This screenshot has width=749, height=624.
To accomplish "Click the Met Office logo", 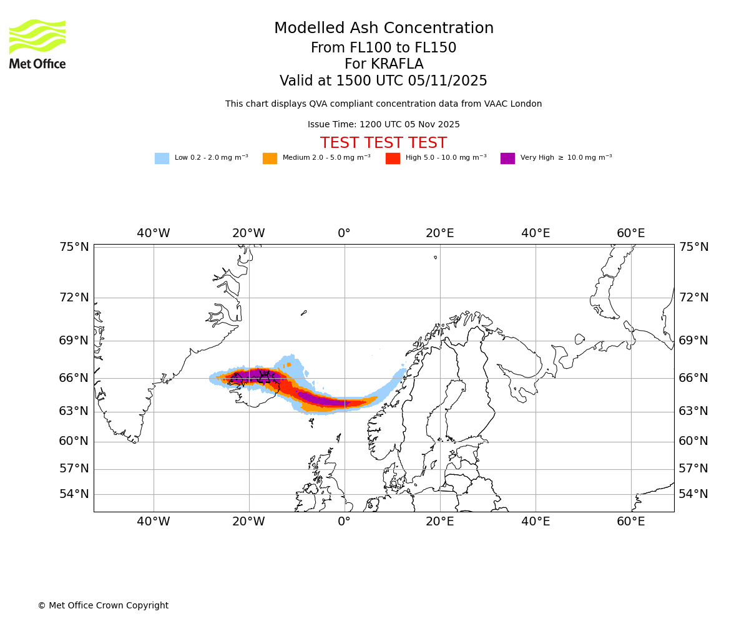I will click(37, 44).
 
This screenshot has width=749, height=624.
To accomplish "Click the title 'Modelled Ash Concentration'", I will click(384, 29).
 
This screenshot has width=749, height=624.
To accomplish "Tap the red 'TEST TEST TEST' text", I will click(384, 143).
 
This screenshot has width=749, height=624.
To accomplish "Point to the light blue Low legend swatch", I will click(162, 158).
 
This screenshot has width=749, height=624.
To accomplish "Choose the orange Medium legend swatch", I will click(270, 158).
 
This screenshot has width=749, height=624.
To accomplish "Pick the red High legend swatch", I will click(393, 158).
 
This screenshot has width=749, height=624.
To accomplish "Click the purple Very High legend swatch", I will click(507, 158).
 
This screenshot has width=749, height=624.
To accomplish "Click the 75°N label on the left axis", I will click(74, 247).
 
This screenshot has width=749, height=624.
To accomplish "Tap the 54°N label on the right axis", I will click(693, 494).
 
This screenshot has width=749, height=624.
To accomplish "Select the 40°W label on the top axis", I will click(154, 233).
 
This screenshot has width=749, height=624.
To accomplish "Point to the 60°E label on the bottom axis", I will click(631, 522).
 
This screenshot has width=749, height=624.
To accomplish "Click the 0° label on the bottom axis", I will click(345, 522).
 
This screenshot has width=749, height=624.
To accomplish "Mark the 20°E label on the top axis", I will click(440, 233).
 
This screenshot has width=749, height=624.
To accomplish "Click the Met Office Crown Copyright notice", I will click(103, 605).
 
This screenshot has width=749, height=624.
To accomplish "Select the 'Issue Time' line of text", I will click(384, 124).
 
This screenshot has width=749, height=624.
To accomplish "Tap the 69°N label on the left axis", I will click(74, 341).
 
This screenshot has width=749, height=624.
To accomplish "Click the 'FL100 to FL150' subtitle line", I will click(384, 48).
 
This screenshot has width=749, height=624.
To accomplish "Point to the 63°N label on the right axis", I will click(693, 411).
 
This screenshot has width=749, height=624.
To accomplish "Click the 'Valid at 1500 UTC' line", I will click(384, 81).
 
